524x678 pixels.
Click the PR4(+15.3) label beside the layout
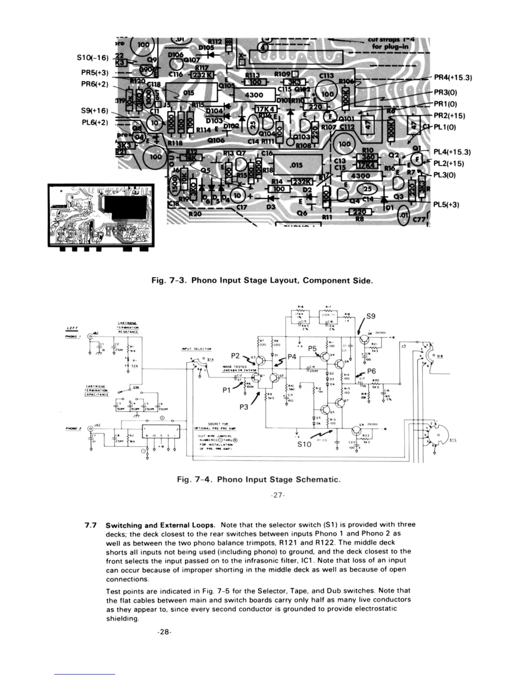pos(453,78)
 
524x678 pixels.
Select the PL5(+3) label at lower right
pos(447,205)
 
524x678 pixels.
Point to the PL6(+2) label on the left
pos(94,122)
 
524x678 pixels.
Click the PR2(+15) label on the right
pos(450,116)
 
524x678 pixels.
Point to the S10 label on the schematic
pos(304,444)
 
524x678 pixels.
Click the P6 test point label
pos(371,372)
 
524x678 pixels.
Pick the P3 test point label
pos(244,407)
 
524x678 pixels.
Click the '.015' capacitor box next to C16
pos(297,165)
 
